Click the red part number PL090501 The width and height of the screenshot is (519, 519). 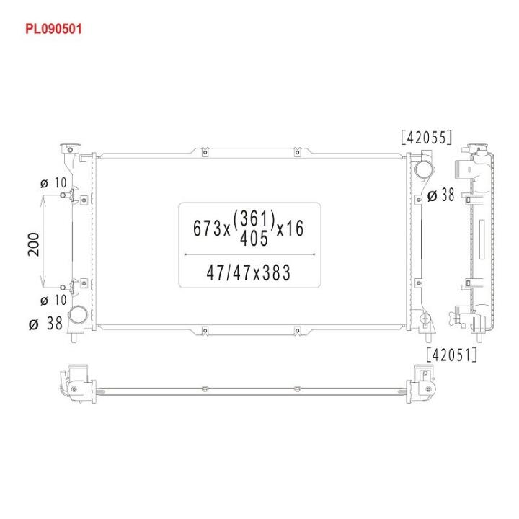coord(53,29)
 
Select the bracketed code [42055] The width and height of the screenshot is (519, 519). coord(426,137)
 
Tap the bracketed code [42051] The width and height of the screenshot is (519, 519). coord(451,355)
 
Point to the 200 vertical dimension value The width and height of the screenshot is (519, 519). coord(33,244)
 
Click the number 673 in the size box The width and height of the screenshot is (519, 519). coord(207,228)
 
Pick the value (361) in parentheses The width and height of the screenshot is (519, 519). coord(254,219)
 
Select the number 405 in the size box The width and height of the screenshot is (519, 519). coord(254,239)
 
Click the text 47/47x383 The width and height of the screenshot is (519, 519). coord(249,272)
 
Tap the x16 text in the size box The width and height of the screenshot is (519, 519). coord(290,229)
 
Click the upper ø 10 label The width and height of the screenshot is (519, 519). coord(53,182)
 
